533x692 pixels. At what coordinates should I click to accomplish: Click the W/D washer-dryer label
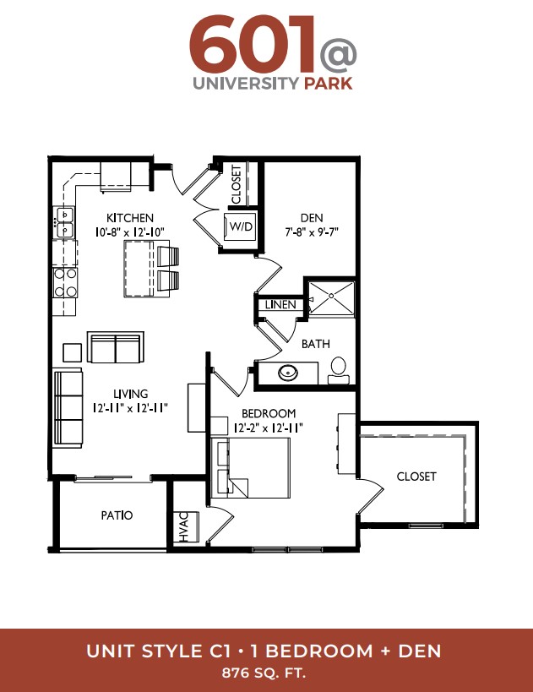coord(241,226)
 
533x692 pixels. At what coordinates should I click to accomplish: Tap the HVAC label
coord(184,526)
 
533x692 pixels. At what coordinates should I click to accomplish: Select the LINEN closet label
coord(280,304)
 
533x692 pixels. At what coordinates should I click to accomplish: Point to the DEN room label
coord(312,218)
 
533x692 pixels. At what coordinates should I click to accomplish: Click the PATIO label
coord(117,515)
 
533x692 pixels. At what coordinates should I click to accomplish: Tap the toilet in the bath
coord(339,370)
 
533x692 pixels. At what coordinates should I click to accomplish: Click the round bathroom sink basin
coord(288,373)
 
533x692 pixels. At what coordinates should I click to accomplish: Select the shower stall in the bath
coord(331,298)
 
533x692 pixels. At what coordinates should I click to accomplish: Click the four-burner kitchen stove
coord(65,282)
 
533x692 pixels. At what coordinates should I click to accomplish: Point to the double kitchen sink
coord(64,222)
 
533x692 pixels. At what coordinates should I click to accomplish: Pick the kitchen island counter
coord(141,269)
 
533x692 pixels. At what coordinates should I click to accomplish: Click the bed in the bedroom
coord(251,468)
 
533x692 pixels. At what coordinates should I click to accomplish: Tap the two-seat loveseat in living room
coord(116,347)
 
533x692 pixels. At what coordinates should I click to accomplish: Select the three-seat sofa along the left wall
coord(68,408)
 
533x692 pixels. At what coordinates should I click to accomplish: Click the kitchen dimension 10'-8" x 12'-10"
coord(130,232)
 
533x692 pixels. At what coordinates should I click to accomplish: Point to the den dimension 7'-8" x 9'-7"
coord(312,232)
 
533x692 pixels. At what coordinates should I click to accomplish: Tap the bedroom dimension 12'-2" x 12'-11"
coord(269,428)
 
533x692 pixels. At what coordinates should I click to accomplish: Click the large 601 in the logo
coord(252,44)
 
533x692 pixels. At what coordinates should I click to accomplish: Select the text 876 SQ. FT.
coord(264,673)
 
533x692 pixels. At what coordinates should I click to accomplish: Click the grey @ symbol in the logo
coord(339,55)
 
